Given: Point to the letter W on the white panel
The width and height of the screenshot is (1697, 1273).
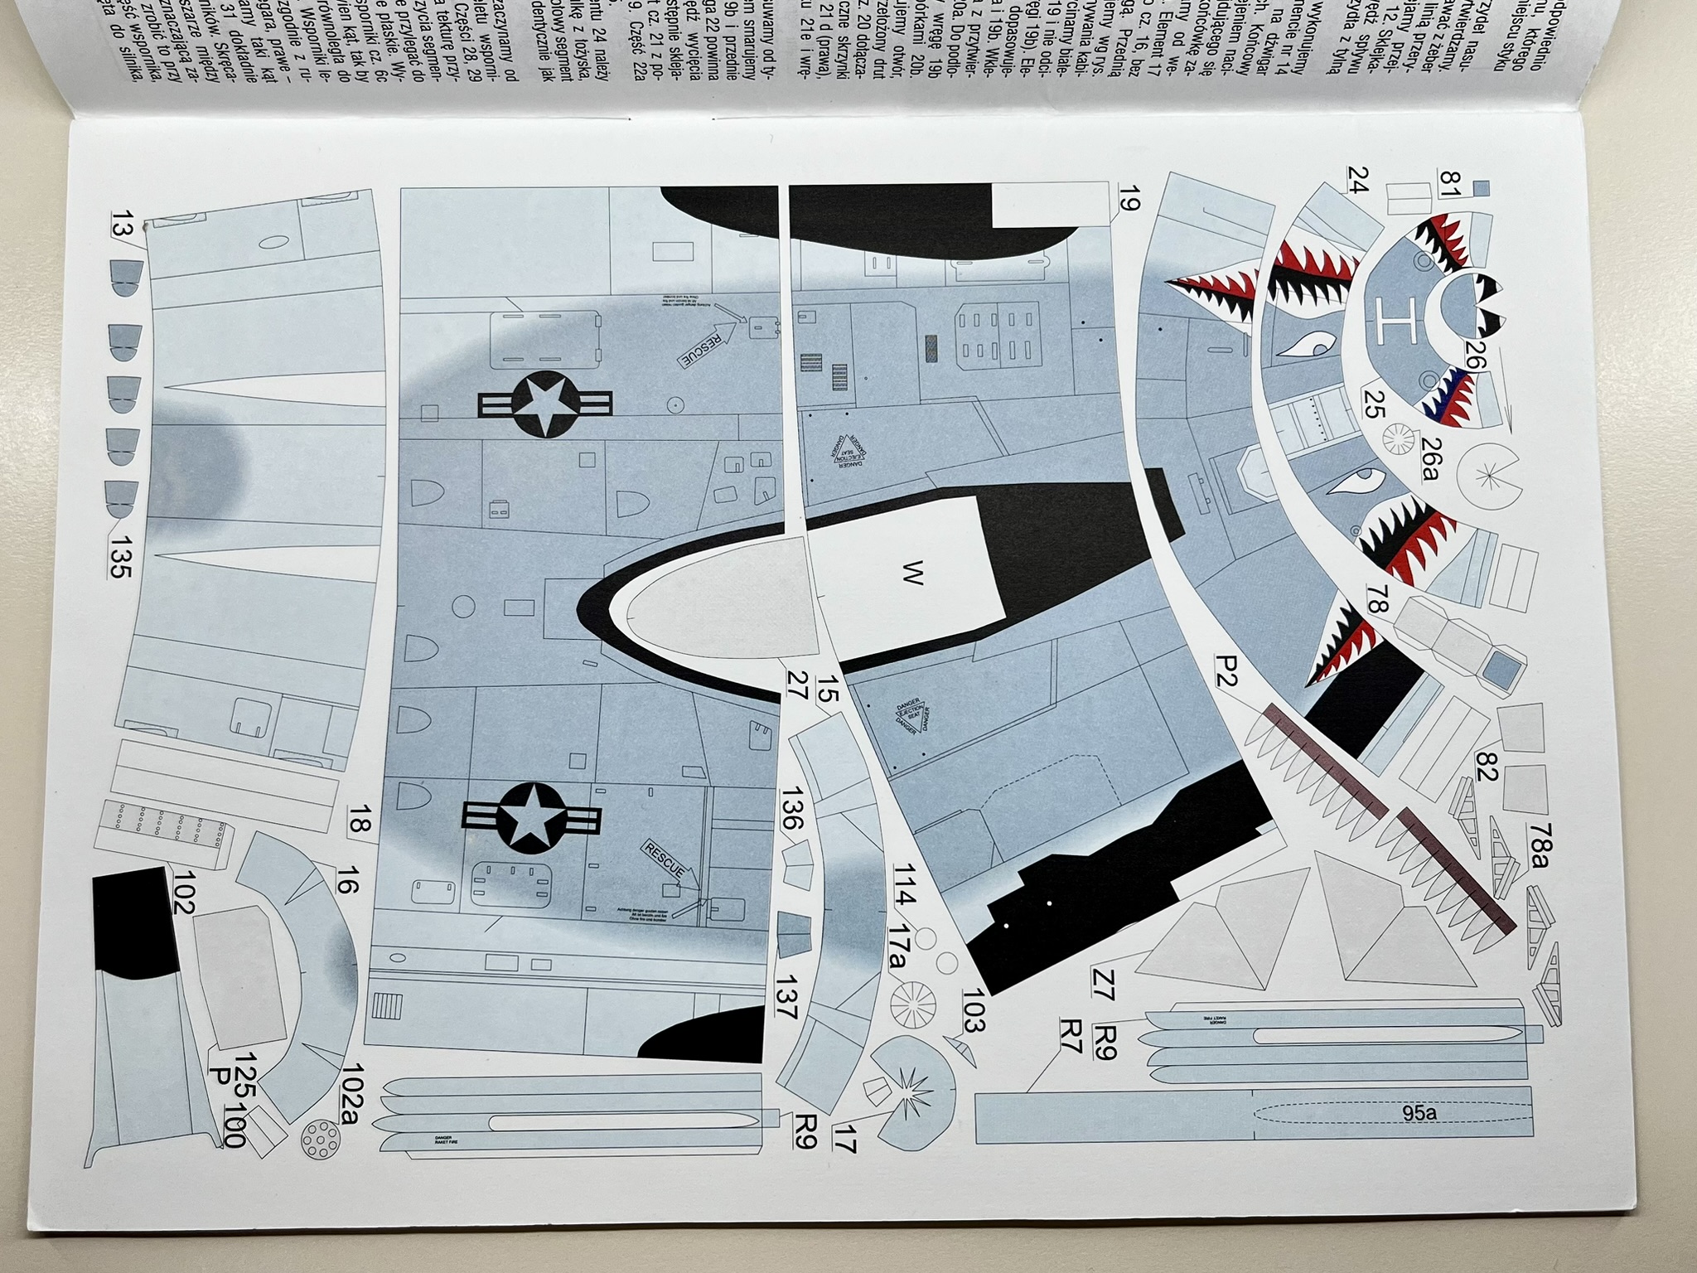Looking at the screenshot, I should (x=911, y=573).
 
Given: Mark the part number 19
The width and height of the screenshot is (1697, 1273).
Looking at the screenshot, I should (x=1128, y=199).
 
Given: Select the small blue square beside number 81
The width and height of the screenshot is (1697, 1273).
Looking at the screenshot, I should (x=1482, y=188).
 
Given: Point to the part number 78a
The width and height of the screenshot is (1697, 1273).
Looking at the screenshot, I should (x=1540, y=845).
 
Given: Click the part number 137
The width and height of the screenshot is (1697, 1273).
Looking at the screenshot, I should (x=786, y=998).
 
